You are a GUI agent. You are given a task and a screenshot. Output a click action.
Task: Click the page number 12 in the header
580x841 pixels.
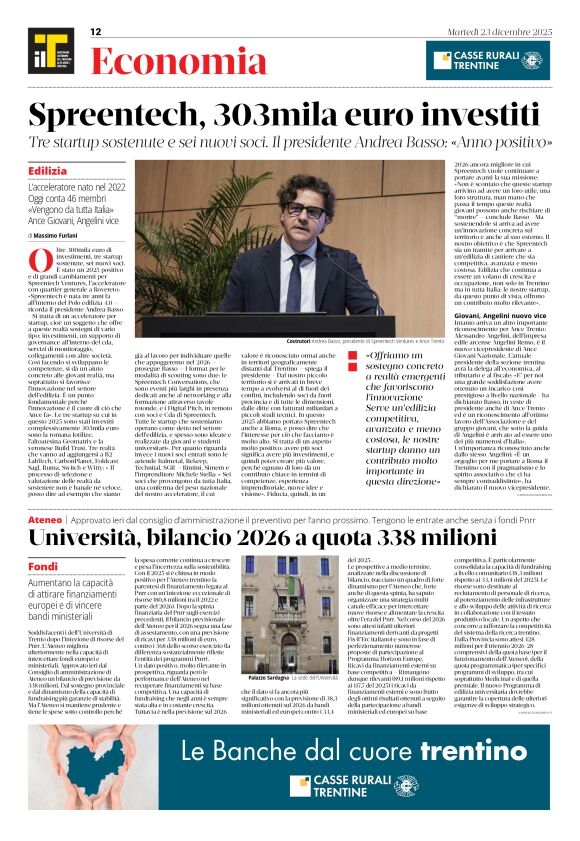pyautogui.click(x=96, y=32)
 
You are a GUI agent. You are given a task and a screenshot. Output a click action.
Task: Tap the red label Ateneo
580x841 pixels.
pyautogui.click(x=45, y=519)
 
